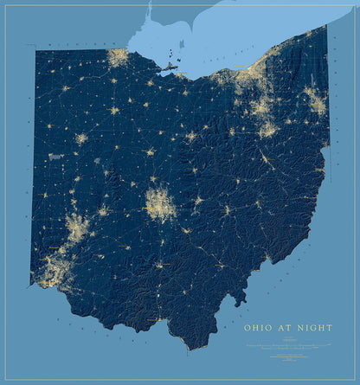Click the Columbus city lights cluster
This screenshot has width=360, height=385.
click(x=159, y=205)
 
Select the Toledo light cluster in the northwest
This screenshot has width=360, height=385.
click(x=118, y=58)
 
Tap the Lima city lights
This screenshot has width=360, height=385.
click(x=81, y=138)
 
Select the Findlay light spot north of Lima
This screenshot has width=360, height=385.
click(x=113, y=110)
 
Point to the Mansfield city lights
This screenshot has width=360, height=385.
click(x=192, y=137)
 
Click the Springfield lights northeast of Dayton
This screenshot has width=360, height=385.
click(x=102, y=210)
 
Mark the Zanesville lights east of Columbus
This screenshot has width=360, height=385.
click(x=227, y=209)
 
